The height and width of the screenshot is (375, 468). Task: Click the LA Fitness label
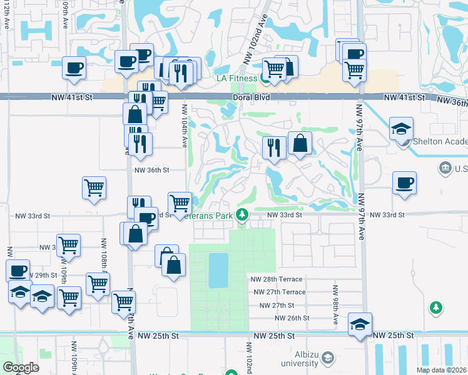click(x=237, y=78)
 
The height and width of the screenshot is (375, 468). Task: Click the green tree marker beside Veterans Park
click(x=243, y=216)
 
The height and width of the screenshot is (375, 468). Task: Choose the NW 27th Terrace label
click(x=280, y=292)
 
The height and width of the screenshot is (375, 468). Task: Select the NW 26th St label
click(x=292, y=318)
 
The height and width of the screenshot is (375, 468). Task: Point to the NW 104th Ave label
click(x=185, y=131)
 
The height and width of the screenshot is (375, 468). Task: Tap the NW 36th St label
click(x=152, y=169)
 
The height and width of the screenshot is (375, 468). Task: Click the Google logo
click(x=21, y=367)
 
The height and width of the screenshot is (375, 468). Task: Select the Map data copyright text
click(x=440, y=370)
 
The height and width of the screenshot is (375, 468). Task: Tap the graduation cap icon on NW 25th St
click(x=360, y=324)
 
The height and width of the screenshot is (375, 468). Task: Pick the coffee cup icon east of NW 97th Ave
click(x=404, y=182)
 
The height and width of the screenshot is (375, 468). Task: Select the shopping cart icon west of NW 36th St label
click(x=94, y=187)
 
